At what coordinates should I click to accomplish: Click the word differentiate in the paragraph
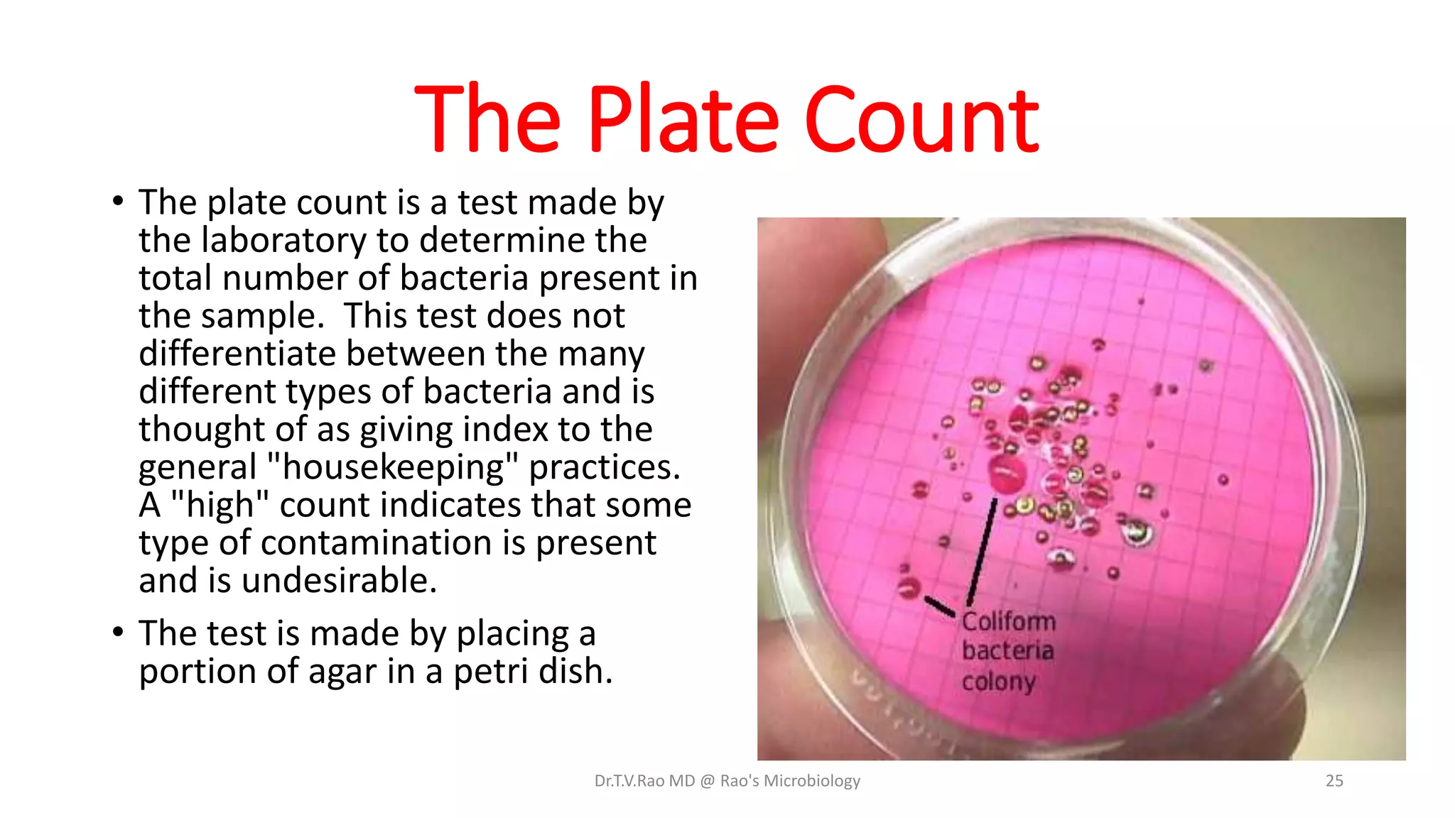coord(237,353)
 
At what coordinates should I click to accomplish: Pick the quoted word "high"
coord(219,505)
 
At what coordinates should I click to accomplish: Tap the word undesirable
coord(339,580)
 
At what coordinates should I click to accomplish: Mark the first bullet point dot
coord(119,201)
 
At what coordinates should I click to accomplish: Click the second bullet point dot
coord(119,631)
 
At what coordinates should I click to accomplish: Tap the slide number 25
coord(1334,780)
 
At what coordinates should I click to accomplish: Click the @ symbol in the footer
coord(707,781)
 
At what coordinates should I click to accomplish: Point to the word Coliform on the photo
coord(1009,621)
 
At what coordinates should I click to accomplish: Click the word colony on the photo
coord(998,682)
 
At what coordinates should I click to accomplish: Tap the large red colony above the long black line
coord(1006,474)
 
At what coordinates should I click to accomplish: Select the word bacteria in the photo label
coord(1007,650)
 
